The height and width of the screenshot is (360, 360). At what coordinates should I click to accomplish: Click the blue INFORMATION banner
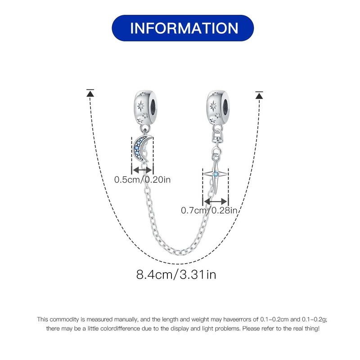click(183, 28)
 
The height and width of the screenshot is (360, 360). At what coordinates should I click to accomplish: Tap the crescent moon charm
click(140, 148)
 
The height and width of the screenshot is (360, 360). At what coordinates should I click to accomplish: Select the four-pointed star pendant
click(216, 175)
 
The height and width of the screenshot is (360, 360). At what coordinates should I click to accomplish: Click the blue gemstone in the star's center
click(216, 174)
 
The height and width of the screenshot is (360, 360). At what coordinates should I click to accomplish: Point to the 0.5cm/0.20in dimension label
click(142, 180)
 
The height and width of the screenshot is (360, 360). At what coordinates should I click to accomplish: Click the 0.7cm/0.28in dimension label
click(209, 210)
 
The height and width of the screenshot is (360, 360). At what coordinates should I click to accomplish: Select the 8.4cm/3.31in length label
click(176, 274)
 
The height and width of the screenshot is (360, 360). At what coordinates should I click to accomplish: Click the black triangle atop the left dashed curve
click(90, 93)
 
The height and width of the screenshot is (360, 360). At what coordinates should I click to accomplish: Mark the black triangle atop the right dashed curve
click(259, 95)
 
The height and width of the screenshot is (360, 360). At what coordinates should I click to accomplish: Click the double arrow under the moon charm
click(142, 170)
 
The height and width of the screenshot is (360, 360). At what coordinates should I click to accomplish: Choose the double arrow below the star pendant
click(216, 202)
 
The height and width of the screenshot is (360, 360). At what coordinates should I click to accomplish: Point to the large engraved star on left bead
click(140, 106)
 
